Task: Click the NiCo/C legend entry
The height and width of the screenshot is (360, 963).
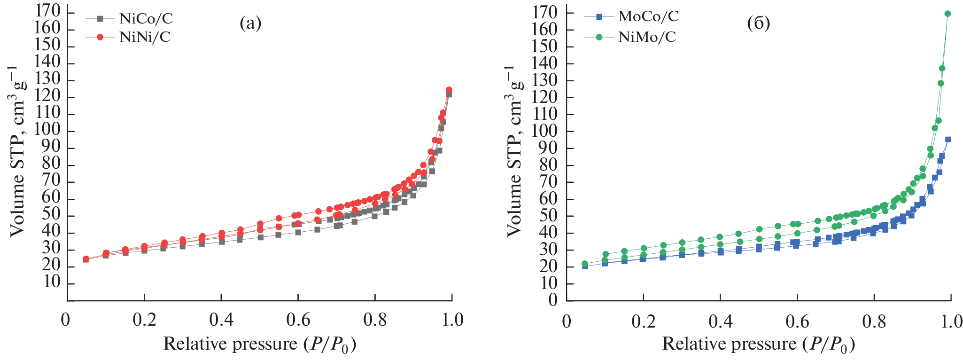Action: point(146,19)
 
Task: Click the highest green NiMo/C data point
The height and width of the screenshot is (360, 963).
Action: point(947,14)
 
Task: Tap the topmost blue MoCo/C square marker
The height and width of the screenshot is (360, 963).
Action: point(948,139)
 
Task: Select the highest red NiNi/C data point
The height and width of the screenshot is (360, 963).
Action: point(449,90)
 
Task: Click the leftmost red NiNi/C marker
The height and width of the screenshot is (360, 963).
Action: point(86,259)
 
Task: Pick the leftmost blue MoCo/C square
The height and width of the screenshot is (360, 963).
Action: point(585,266)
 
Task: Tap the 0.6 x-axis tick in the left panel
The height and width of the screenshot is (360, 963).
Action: point(298,320)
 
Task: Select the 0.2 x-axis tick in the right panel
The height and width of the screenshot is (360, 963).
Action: point(643,321)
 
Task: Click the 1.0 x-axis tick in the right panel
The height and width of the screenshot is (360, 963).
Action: point(950,321)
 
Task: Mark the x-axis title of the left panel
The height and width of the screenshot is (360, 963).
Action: point(259,344)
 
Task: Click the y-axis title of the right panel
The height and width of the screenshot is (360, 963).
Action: point(514,150)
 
